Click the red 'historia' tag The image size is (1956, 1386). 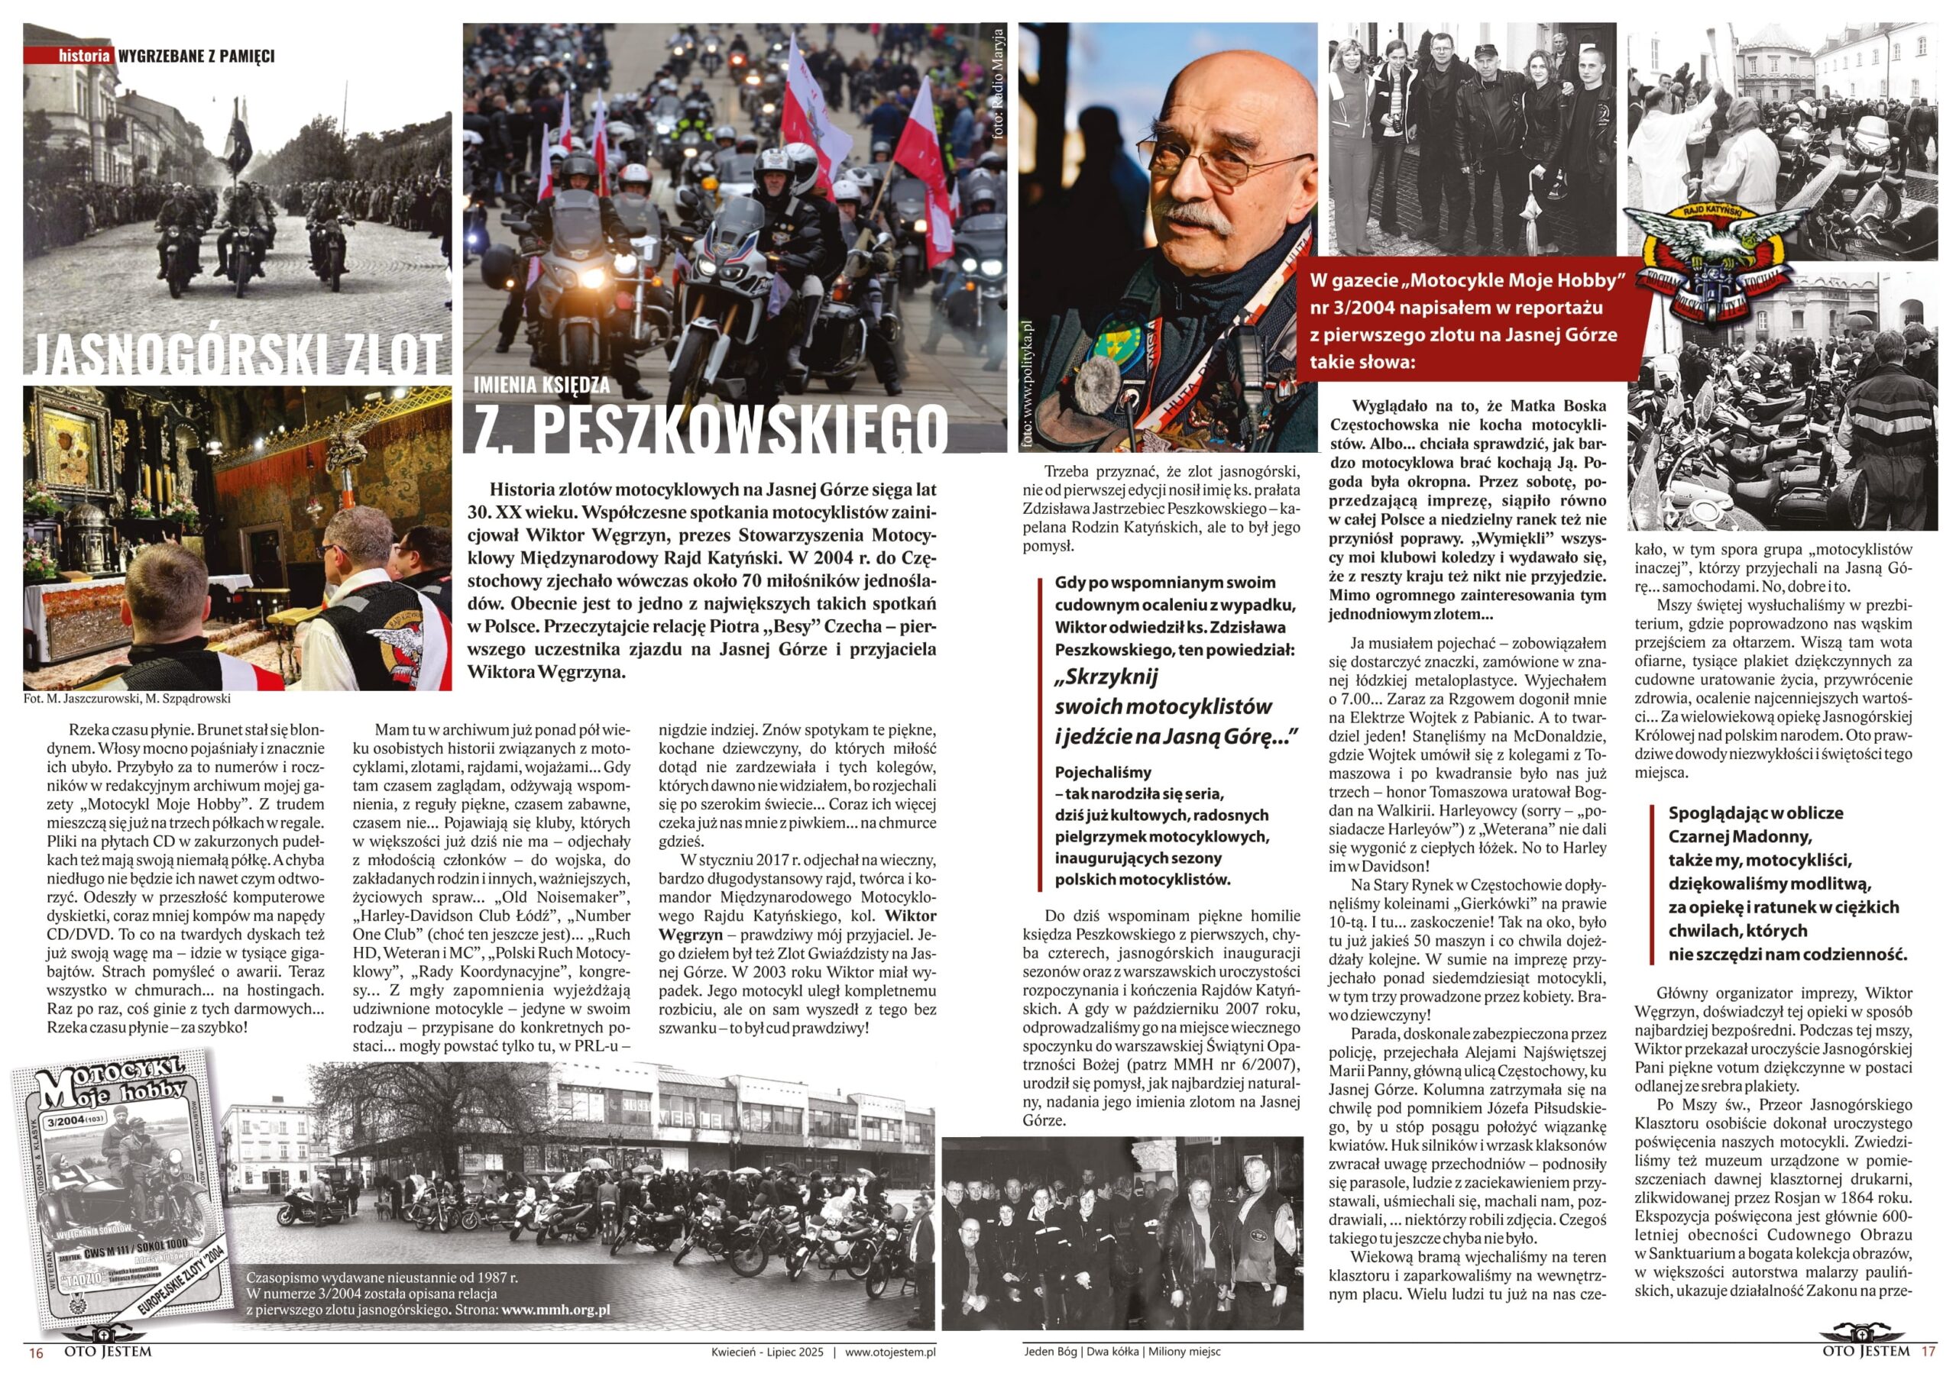84,56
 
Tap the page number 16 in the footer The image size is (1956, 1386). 36,1352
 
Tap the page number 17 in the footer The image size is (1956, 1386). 1928,1352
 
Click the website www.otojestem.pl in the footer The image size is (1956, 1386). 890,1352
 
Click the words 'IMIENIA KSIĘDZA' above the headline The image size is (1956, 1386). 542,385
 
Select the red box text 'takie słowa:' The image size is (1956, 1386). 1362,362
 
